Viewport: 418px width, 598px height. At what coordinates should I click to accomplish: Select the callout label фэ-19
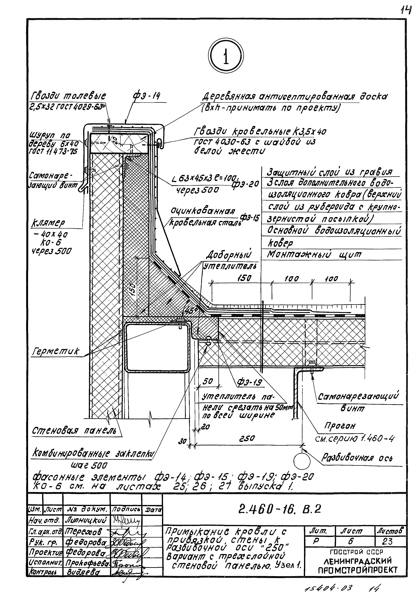[x=249, y=382]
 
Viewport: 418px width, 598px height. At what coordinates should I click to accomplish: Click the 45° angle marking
[x=190, y=311]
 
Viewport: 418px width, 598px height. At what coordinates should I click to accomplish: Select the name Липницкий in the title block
[x=86, y=520]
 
